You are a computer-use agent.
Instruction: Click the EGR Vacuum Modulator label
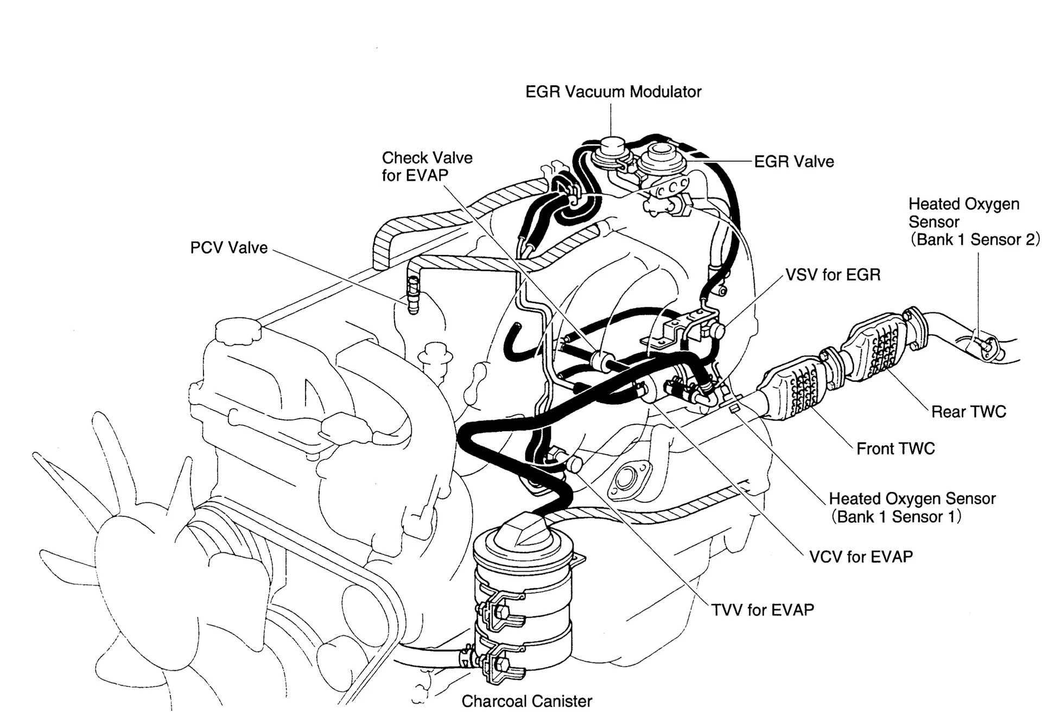pyautogui.click(x=613, y=92)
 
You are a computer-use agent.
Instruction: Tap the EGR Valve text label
pyautogui.click(x=794, y=162)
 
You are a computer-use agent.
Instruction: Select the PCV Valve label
pyautogui.click(x=228, y=248)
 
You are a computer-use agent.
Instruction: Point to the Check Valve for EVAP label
pyautogui.click(x=427, y=167)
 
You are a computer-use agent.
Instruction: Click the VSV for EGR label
pyautogui.click(x=833, y=275)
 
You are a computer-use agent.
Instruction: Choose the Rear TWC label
pyautogui.click(x=968, y=412)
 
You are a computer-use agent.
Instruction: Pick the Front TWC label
pyautogui.click(x=895, y=449)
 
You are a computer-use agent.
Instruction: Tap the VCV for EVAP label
pyautogui.click(x=861, y=557)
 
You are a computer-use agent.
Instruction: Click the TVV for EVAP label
pyautogui.click(x=763, y=610)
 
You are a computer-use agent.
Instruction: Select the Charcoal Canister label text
pyautogui.click(x=526, y=701)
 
